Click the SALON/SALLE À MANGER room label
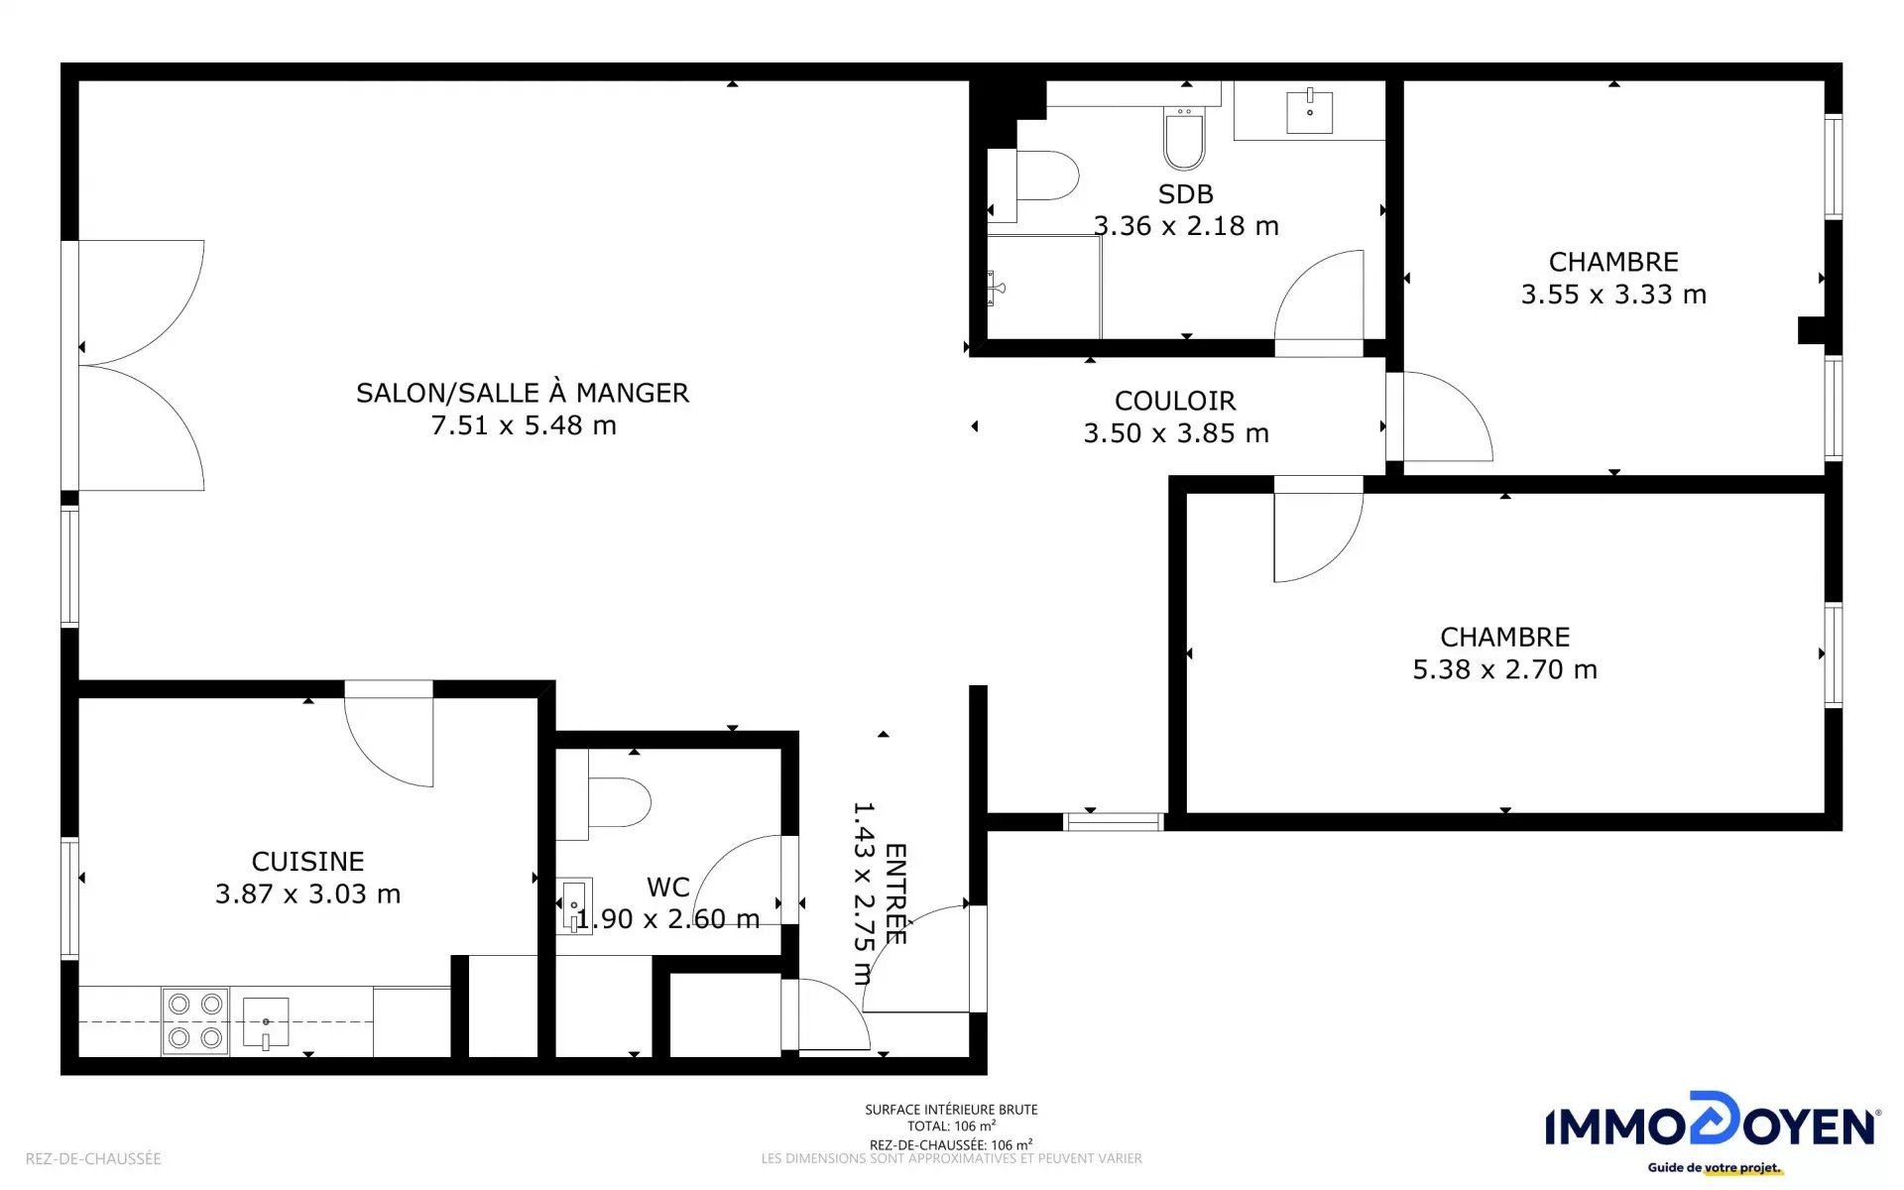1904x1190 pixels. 523,394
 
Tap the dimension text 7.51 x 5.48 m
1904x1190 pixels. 524,425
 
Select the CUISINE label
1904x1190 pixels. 307,862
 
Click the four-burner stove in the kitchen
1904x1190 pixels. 195,1020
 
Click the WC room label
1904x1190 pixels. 668,888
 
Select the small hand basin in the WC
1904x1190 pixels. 576,905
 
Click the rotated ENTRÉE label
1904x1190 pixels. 895,893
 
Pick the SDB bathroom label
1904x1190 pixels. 1186,194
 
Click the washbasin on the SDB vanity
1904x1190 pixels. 1310,111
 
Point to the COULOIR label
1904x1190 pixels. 1175,401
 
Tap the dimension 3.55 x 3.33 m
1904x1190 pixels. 1613,295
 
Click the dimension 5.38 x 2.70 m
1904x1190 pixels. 1504,669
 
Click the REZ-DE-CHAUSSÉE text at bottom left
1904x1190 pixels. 93,1158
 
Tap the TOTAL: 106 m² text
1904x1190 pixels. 951,1126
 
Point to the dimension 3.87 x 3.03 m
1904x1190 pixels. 307,894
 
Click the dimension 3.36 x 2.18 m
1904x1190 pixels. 1186,226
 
